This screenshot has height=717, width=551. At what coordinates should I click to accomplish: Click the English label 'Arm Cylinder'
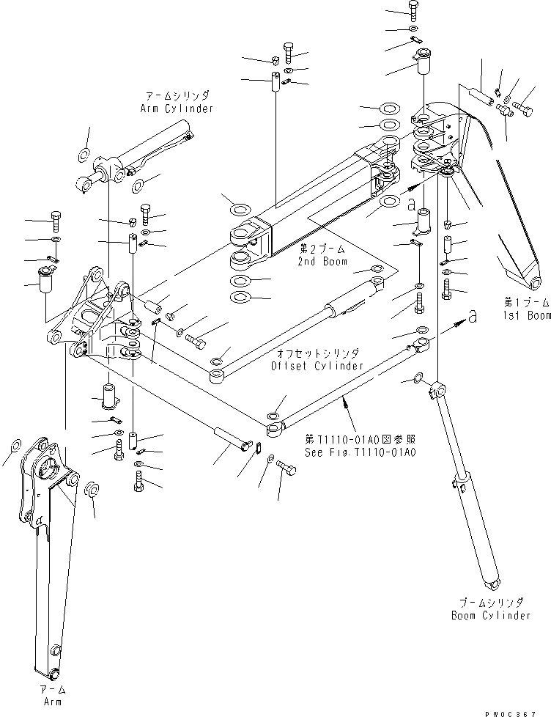[x=177, y=109]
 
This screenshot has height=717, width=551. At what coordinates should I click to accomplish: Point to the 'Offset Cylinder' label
[x=317, y=365]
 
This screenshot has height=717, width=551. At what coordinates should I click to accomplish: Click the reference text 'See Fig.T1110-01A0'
[x=361, y=453]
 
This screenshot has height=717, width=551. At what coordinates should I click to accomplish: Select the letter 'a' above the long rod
[x=473, y=315]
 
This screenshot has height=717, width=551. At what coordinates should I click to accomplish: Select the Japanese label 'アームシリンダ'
[x=177, y=96]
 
